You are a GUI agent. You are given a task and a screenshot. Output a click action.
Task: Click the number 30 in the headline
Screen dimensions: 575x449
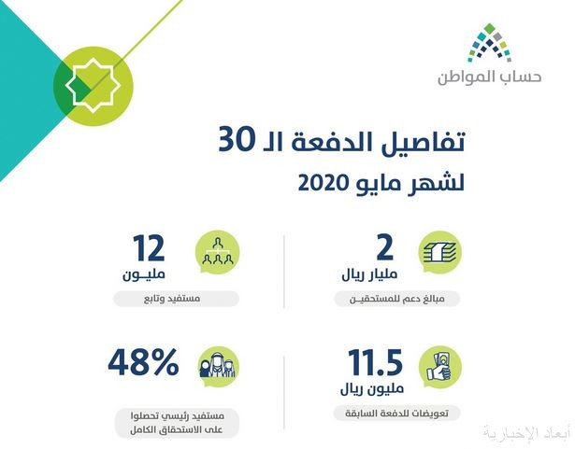pyautogui.click(x=237, y=141)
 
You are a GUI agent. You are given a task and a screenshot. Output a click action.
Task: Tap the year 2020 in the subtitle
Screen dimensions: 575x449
pyautogui.click(x=323, y=183)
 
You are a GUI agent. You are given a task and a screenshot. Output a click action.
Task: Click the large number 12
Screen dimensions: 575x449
pyautogui.click(x=149, y=248)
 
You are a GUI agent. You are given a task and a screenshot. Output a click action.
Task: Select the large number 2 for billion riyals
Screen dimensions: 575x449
pyautogui.click(x=384, y=248)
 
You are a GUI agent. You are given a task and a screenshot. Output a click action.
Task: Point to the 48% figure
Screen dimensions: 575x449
pyautogui.click(x=143, y=362)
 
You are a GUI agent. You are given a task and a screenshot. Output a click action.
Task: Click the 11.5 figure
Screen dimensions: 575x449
pyautogui.click(x=375, y=362)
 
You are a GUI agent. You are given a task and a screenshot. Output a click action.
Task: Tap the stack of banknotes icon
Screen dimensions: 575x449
pyautogui.click(x=440, y=252)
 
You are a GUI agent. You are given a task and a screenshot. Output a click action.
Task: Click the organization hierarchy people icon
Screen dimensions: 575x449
pyautogui.click(x=218, y=252)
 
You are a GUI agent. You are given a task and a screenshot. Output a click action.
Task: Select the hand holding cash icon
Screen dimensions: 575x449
pyautogui.click(x=439, y=367)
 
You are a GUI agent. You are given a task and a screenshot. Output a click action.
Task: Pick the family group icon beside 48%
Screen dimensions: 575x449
pyautogui.click(x=217, y=367)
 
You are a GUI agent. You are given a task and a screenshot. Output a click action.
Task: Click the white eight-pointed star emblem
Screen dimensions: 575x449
pyautogui.click(x=93, y=85)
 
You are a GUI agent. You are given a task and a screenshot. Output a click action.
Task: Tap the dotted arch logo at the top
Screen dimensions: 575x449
pyautogui.click(x=490, y=43)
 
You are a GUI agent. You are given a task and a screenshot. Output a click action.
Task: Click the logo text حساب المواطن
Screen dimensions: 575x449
pyautogui.click(x=490, y=77)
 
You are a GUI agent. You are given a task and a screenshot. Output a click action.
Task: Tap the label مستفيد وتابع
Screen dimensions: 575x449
pyautogui.click(x=172, y=299)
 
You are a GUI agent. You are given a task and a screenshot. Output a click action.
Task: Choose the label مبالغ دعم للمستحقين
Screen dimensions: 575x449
pyautogui.click(x=396, y=299)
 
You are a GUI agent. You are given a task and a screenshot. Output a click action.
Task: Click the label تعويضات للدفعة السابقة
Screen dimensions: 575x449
pyautogui.click(x=396, y=414)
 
